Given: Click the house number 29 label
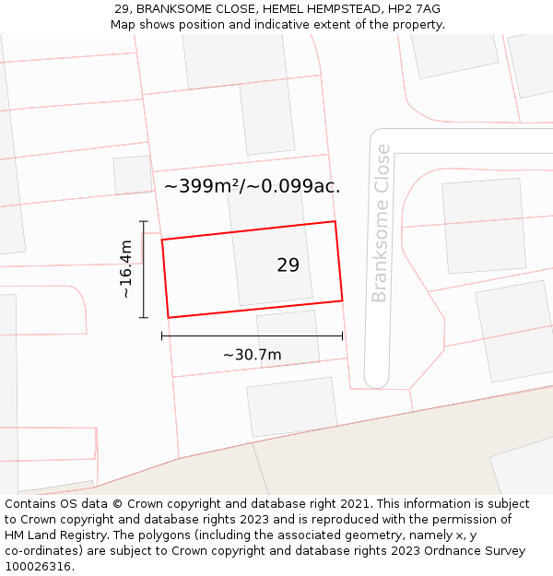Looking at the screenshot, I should coord(288,265).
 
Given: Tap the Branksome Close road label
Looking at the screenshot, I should coord(380,223).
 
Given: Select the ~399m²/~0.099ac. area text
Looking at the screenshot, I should coord(252,186).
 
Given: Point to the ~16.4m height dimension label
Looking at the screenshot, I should coord(126,269).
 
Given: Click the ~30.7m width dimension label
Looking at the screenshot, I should coord(252,355).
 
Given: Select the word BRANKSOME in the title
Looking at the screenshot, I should coord(174,9).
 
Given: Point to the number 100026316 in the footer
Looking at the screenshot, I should coord(39,567).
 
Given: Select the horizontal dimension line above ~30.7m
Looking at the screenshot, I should coord(252,336).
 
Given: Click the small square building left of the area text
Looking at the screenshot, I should coord(133,175).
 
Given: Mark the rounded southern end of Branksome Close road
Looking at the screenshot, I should coord(376,379).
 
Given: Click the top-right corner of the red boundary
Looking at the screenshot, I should coord(335,221).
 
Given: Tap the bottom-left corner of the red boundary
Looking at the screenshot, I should coord(168,317).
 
